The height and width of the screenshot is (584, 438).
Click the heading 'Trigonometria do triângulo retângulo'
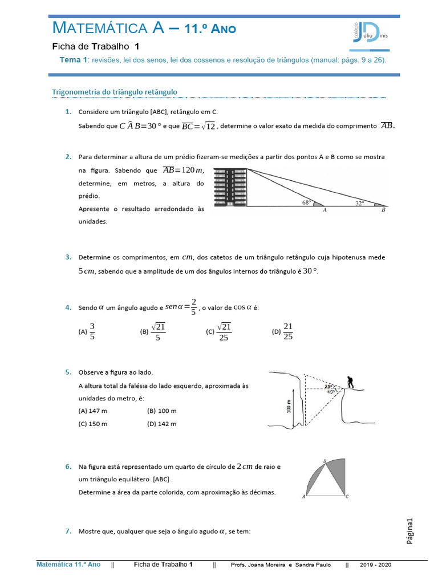(x=115, y=91)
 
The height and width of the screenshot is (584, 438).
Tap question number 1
(x=68, y=112)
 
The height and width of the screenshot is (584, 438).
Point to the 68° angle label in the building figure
(x=307, y=202)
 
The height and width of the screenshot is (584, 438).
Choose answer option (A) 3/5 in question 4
(x=88, y=331)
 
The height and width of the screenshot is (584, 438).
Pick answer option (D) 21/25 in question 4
(x=283, y=331)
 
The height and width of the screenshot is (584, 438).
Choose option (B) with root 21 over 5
(x=151, y=331)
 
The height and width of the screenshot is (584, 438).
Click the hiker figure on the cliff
(x=349, y=382)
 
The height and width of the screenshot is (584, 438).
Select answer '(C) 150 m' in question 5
(x=93, y=424)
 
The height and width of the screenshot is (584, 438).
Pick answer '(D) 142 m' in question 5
(x=162, y=424)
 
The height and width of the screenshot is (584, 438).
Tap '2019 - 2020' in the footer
(x=376, y=565)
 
